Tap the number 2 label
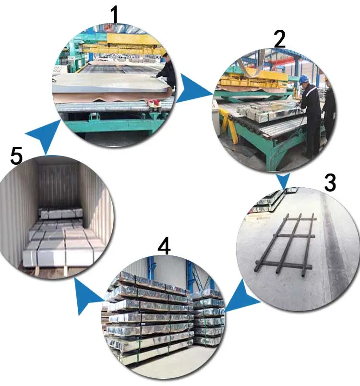click(280, 39)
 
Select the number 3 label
click(330, 182)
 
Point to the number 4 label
click(164, 246)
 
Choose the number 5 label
click(16, 156)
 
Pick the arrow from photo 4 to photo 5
click(87, 296)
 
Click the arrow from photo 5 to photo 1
click(44, 135)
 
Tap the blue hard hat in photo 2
click(304, 79)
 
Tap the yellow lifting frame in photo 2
click(253, 79)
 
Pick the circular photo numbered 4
click(163, 317)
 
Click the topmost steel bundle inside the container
click(61, 213)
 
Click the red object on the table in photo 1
click(154, 103)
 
